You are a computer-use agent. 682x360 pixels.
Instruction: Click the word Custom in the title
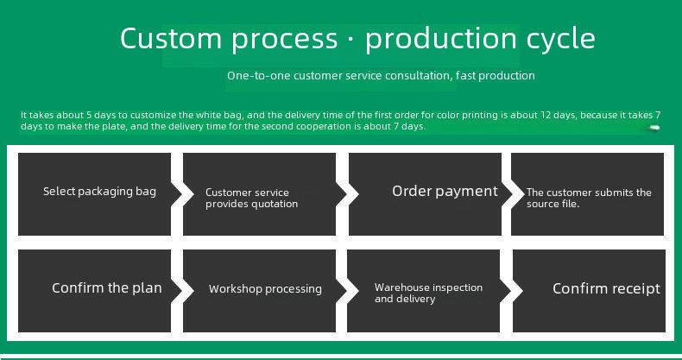171,38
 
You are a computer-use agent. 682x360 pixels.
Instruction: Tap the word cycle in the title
560,39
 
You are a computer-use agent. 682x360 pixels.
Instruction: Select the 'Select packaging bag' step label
99,192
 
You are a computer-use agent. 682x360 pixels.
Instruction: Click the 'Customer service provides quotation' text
251,199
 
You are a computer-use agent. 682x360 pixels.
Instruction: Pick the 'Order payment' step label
445,192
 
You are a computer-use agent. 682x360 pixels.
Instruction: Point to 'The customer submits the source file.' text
589,199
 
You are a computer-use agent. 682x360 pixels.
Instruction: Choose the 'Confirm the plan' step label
106,287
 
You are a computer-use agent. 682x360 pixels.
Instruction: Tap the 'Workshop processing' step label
265,289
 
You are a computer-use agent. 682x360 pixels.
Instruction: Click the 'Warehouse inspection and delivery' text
428,293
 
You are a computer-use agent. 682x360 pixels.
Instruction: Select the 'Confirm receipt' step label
606,288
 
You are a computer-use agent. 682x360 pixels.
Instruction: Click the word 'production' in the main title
441,39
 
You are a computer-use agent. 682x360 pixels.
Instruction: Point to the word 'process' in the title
285,40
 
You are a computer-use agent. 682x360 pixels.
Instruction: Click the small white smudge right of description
654,128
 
